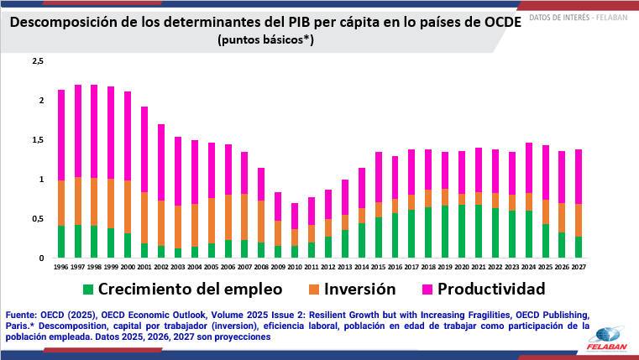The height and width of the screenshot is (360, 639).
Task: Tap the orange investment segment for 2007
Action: [x=244, y=217]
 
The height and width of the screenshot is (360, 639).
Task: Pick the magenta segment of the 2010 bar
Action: [x=294, y=216]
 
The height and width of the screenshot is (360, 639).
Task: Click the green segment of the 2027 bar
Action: [x=578, y=247]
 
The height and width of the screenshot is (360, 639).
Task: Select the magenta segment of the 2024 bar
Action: [x=528, y=168]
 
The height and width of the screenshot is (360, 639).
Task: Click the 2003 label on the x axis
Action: [x=177, y=266]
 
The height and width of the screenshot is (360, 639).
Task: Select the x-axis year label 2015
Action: [x=377, y=266]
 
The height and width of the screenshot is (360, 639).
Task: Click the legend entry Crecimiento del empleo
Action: [x=181, y=290]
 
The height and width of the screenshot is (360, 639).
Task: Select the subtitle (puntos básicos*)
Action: [x=265, y=39]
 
